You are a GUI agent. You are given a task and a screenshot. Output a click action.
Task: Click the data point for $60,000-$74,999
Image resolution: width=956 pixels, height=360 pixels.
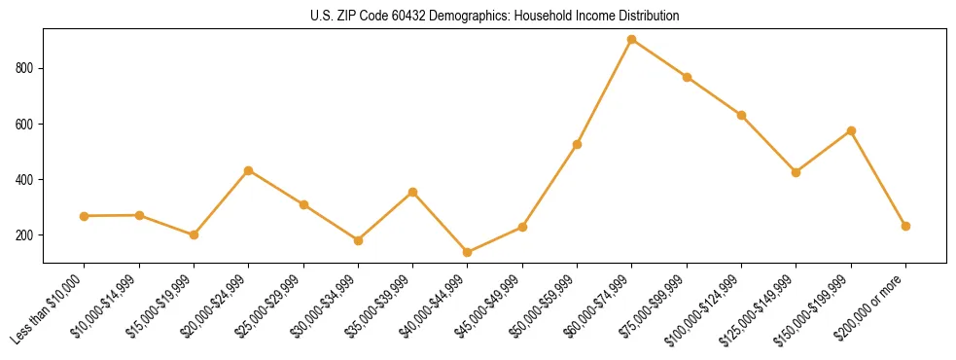[x=632, y=40]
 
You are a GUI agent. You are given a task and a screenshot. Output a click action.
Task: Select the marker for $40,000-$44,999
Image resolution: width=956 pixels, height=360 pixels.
[x=468, y=253]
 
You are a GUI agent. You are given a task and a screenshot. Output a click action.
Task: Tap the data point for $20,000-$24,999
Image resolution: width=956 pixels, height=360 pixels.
[x=249, y=171]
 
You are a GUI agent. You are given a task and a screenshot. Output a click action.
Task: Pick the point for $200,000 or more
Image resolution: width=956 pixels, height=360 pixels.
[x=906, y=226]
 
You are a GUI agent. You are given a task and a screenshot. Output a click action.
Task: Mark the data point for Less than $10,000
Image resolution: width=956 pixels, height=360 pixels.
[x=85, y=216]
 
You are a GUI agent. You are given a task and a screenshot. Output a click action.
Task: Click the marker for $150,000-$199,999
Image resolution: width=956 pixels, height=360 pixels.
[x=851, y=130]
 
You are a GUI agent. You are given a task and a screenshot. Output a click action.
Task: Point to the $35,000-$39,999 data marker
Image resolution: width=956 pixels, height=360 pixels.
[x=413, y=193]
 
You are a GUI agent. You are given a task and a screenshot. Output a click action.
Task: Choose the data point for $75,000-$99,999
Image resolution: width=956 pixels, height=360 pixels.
[x=687, y=77]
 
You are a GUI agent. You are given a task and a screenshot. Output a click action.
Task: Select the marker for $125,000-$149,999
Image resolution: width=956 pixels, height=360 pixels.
[x=797, y=172]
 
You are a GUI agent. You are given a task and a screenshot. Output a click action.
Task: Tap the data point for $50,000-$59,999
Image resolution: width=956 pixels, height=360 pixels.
[x=578, y=145]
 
